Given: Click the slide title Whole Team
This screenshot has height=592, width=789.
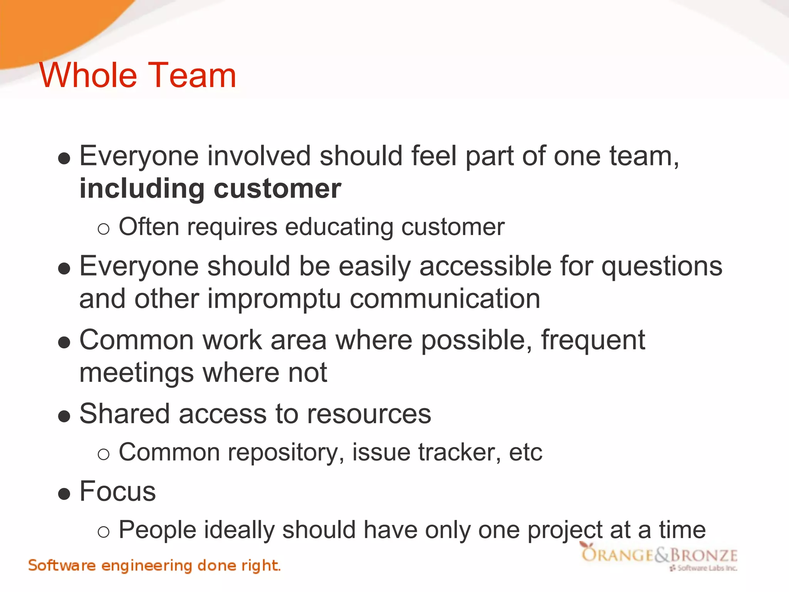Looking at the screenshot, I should coord(138,75).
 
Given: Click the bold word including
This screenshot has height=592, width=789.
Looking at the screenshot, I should coord(142,190).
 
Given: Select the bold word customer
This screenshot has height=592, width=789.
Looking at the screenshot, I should coord(277,190).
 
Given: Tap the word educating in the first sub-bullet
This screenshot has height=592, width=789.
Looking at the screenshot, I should coord(339,227).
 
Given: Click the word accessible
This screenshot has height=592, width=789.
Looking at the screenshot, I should coord(485,267).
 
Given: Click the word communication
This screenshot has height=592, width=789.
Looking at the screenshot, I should coord(445,299).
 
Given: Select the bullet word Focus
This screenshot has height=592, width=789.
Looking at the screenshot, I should coord(118,492).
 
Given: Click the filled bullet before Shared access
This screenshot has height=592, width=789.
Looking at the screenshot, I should coord(64,416).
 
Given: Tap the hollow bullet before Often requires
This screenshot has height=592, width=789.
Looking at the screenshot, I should coord(104,229).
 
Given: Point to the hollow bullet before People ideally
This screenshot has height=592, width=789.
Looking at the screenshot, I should coord(104,532).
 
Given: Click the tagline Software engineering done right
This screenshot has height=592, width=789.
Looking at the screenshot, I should coord(154,566).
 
